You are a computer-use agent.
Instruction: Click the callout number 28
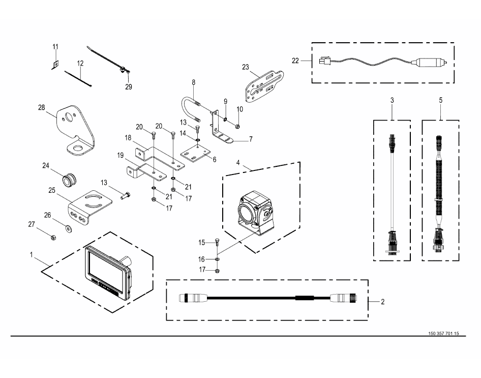coord(42,107)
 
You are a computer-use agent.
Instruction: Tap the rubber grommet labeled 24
coord(68,179)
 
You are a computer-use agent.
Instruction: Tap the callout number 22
coord(296,60)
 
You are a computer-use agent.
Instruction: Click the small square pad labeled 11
coord(55,65)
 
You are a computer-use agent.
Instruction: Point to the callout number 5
coord(440,101)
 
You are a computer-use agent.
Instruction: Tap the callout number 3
coord(392,101)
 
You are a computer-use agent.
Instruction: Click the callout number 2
coord(382,302)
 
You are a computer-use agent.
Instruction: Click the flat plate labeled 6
coord(196,153)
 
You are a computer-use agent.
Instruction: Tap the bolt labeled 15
coord(218,242)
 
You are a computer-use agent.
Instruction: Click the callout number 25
coord(51,190)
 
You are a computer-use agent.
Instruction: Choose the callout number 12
coord(80,64)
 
